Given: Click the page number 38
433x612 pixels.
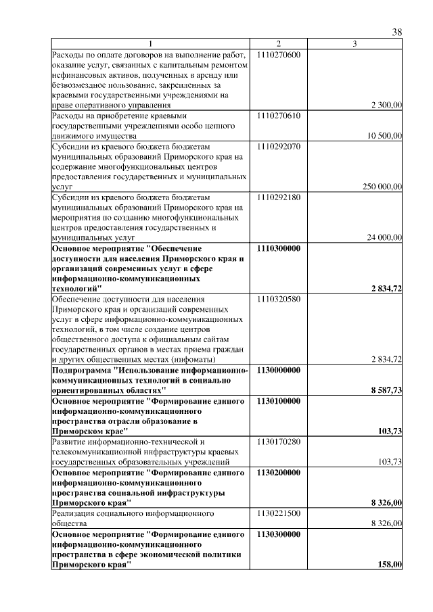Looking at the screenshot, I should click(x=397, y=32).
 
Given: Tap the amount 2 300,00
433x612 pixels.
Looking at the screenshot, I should click(x=387, y=105).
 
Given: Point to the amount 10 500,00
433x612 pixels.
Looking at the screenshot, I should click(x=384, y=136).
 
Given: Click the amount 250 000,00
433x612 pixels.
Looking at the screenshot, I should click(x=382, y=187).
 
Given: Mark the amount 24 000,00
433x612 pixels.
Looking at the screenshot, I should click(x=384, y=237).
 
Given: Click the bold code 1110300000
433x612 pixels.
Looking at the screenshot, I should click(x=279, y=248).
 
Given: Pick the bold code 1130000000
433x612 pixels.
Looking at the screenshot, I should click(x=279, y=370).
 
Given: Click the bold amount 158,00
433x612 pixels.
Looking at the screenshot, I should click(x=391, y=565).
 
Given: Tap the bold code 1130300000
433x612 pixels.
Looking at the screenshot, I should click(x=279, y=534).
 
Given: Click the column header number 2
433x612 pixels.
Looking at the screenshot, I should click(x=278, y=44).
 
